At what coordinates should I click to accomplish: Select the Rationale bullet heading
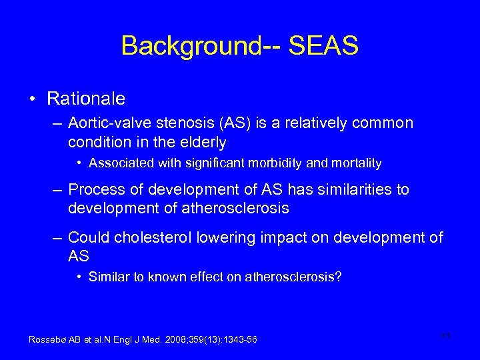click(x=86, y=99)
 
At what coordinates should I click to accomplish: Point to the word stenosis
click(x=177, y=123)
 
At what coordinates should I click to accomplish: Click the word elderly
click(x=203, y=142)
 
